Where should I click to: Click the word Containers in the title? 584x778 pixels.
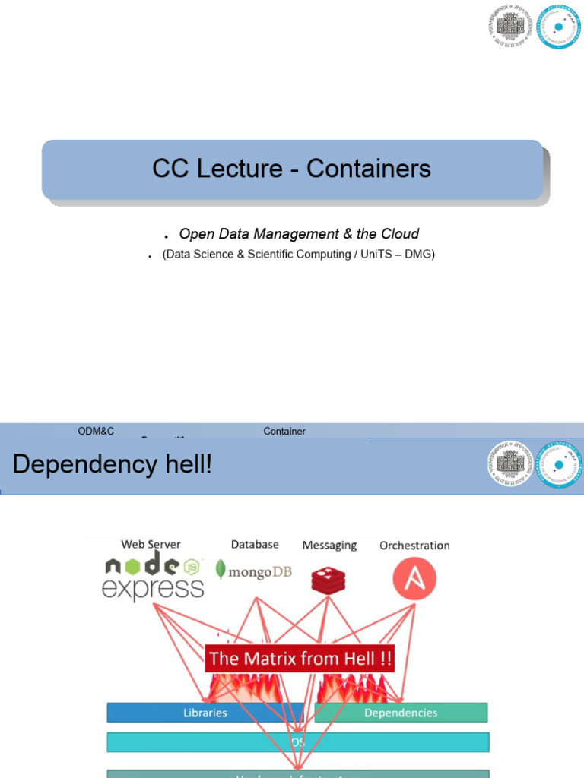tap(369, 169)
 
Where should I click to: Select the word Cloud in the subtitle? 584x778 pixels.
tap(400, 234)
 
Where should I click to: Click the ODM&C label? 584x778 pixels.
tap(96, 431)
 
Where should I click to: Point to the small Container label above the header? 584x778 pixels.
tap(284, 431)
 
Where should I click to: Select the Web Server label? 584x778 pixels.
tap(151, 544)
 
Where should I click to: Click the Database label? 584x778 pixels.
tap(255, 544)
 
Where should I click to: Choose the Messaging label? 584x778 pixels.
tap(329, 545)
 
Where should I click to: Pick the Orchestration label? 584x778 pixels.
tap(414, 545)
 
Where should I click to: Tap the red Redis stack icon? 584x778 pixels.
tap(328, 579)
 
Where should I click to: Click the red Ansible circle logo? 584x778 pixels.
tap(414, 577)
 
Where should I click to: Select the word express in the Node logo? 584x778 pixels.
tap(153, 588)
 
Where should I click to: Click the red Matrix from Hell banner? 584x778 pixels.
tap(300, 658)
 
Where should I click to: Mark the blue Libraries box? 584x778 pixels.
tap(205, 713)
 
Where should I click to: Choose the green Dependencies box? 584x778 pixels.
tap(401, 713)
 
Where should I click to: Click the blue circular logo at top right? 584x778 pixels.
tap(559, 27)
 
